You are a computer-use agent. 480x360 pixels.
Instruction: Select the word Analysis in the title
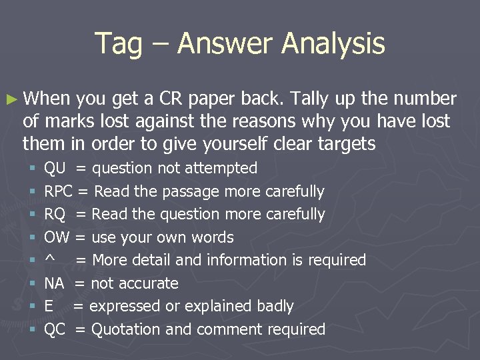(x=333, y=44)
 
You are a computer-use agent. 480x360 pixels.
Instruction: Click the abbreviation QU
(x=55, y=169)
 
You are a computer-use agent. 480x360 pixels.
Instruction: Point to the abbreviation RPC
(x=59, y=192)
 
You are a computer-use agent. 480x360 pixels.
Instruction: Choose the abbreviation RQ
(x=55, y=215)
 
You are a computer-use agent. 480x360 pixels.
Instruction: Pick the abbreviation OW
(x=57, y=237)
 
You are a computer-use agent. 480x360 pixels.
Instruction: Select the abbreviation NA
(x=54, y=283)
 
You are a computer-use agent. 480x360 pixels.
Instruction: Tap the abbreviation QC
(x=55, y=329)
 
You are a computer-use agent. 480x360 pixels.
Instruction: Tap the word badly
(x=275, y=306)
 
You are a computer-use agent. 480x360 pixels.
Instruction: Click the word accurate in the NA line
(x=148, y=283)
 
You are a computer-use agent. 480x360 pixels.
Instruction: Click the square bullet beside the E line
(x=31, y=307)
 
